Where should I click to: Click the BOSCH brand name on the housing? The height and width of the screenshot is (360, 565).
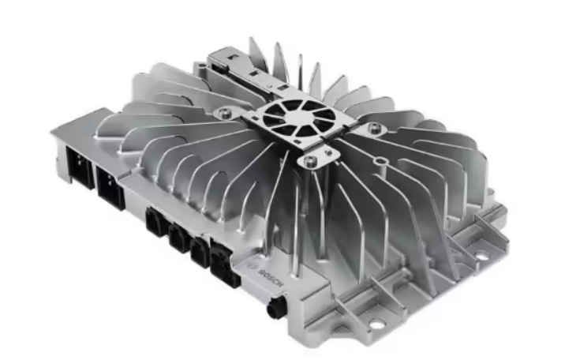pos(272,277)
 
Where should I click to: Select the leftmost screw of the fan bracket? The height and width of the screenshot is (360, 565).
pos(225,112)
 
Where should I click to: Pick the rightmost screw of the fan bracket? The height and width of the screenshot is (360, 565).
pos(374,128)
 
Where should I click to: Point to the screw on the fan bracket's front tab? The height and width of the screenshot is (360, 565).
pos(309,161)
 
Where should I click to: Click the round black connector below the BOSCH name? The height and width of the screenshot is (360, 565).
pos(275,306)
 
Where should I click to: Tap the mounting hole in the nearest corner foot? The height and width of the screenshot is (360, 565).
pos(376,324)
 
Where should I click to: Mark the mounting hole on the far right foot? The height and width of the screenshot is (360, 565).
pos(481,257)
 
